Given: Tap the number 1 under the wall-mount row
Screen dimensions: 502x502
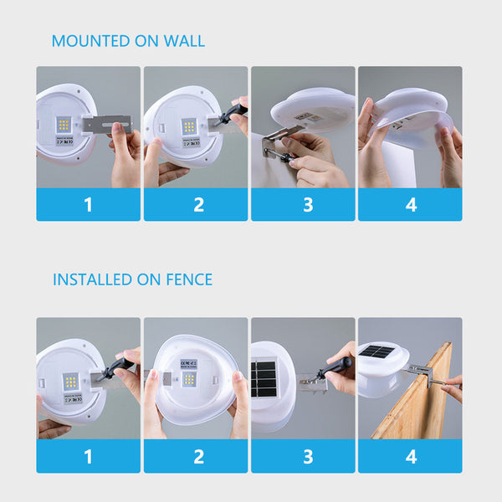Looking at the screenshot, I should pos(88,205).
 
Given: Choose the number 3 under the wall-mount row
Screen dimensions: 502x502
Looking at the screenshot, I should pos(303,205).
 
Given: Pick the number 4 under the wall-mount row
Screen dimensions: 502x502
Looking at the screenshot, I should pos(410,205).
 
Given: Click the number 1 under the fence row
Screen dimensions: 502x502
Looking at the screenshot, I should pos(88,457).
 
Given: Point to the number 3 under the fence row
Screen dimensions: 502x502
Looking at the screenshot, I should pos(303,457).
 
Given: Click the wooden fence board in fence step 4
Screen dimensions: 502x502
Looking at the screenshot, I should pos(414,402).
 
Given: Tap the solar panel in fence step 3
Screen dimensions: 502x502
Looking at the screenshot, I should pos(264,379).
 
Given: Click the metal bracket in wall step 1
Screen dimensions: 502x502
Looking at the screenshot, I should pos(107,124).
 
